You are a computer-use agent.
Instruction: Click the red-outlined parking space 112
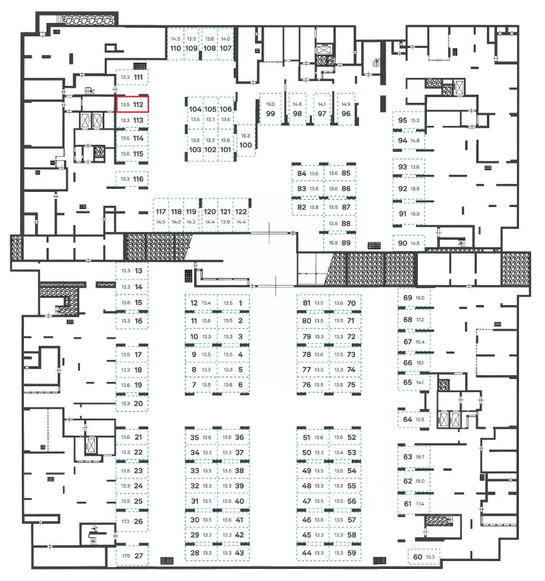click(131, 105)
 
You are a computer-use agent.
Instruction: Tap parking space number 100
click(246, 145)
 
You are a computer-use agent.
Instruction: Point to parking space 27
click(139, 556)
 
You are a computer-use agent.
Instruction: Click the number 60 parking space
click(417, 557)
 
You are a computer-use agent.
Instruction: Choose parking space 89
click(346, 243)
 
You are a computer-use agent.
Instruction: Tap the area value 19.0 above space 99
click(270, 104)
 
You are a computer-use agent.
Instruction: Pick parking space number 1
click(240, 303)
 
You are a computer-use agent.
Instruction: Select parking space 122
click(241, 212)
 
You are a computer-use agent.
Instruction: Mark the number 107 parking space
click(226, 48)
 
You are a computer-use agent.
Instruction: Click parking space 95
click(403, 120)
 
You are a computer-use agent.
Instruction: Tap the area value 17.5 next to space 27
click(125, 556)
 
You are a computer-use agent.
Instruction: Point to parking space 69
click(408, 298)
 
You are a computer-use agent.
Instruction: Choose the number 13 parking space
click(139, 271)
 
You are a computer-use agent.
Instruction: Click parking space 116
click(139, 179)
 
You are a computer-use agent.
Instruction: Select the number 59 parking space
click(351, 552)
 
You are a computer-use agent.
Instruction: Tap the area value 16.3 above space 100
click(245, 136)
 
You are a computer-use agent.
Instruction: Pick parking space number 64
click(408, 419)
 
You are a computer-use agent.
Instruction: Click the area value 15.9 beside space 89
click(333, 243)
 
